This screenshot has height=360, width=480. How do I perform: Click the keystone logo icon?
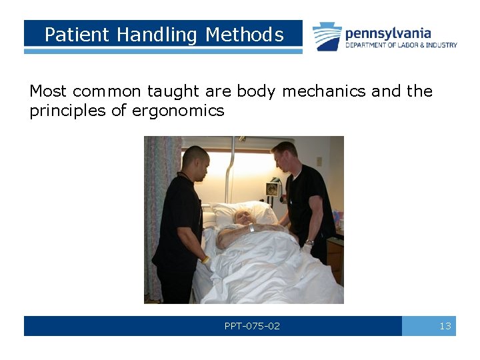(327, 37)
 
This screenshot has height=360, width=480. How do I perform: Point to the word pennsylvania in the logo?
(388, 33)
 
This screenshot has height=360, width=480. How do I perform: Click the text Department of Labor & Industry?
(401, 45)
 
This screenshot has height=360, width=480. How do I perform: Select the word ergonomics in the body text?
(178, 111)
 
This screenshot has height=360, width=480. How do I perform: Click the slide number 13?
(445, 326)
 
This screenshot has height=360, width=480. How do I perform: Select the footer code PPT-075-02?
(252, 326)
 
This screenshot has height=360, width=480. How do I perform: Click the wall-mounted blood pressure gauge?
(272, 187)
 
